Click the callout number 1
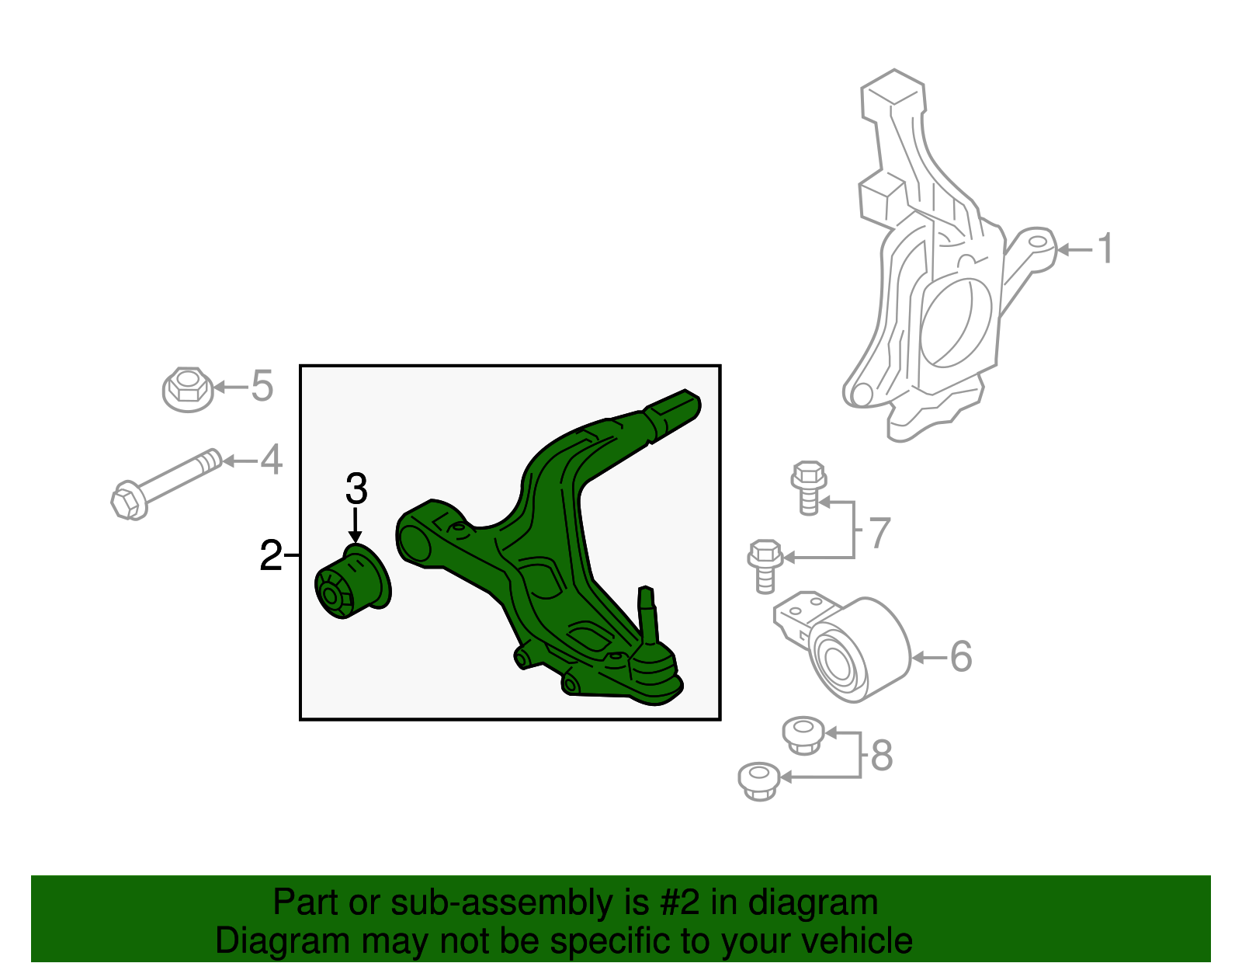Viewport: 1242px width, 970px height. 1105,249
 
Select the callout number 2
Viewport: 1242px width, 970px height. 270,556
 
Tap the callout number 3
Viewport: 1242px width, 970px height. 356,489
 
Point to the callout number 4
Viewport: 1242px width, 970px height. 271,460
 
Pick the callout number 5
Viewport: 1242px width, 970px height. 262,386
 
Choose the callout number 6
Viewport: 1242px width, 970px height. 960,657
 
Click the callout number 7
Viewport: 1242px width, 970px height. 879,533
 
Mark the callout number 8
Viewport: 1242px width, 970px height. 882,755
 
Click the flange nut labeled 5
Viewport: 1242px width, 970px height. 187,388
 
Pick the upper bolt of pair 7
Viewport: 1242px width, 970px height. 808,486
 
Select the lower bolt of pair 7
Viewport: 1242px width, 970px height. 765,565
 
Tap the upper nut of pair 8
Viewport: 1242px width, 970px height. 803,735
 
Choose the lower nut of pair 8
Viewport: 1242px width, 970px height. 758,781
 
